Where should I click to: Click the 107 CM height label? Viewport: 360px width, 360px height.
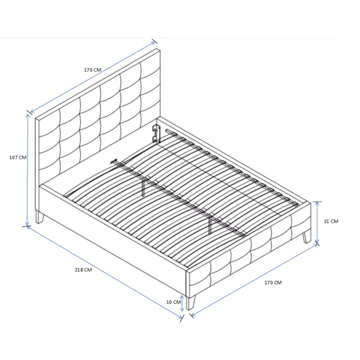pos(18,157)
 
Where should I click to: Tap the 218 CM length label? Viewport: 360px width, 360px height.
pos(83,270)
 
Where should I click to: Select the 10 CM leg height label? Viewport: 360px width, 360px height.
pos(174,302)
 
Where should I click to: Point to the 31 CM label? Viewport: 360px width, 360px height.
pos(331,221)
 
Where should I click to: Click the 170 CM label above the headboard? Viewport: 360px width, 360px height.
pos(93,70)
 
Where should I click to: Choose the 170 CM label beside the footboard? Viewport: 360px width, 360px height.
pos(273,283)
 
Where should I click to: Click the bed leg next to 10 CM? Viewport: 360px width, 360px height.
pos(191,303)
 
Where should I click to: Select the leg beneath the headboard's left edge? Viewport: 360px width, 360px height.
pos(39,217)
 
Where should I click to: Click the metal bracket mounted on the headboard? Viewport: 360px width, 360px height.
pos(156,133)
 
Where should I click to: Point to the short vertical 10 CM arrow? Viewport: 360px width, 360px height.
pos(182,303)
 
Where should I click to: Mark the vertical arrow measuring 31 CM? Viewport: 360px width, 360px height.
pos(317,222)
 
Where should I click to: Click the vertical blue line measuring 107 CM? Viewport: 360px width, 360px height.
pos(27,170)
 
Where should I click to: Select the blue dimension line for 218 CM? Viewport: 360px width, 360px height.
pos(104,272)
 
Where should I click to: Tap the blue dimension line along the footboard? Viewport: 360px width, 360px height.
pos(254,280)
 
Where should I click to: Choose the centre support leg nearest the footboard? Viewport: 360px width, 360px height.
pos(210,226)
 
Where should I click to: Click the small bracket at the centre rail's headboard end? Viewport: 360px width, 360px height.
pos(114,161)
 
